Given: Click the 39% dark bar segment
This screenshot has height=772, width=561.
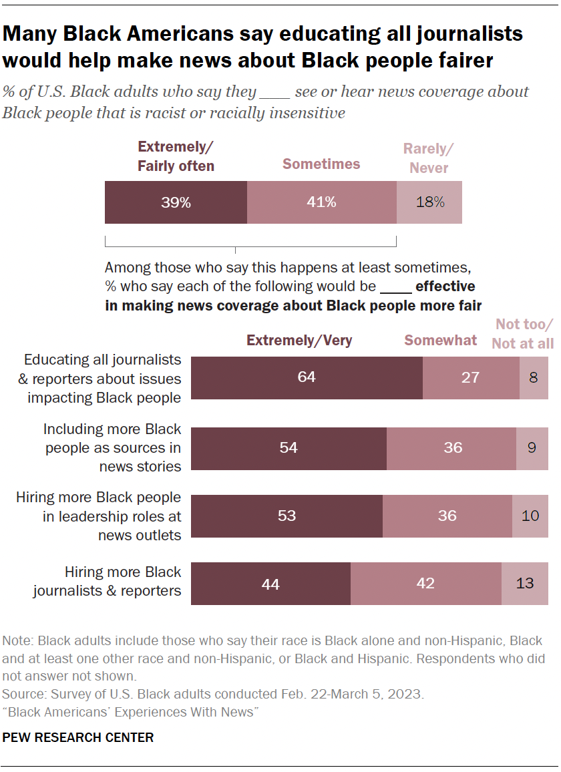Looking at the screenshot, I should pyautogui.click(x=176, y=202).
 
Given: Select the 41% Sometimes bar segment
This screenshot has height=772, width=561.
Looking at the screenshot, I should pyautogui.click(x=322, y=202).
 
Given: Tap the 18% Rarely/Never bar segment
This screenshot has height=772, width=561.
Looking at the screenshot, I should pyautogui.click(x=429, y=202).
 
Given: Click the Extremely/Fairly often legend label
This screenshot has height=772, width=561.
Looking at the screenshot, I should pyautogui.click(x=176, y=157).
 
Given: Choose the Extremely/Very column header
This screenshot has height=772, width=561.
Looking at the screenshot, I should pyautogui.click(x=299, y=341).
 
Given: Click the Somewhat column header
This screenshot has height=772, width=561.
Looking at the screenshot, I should pyautogui.click(x=441, y=341).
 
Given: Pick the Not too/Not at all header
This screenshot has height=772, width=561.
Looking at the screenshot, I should pyautogui.click(x=524, y=334).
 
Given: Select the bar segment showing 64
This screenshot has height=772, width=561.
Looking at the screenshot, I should pyautogui.click(x=307, y=377).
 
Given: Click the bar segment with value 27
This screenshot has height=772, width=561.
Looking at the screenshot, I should pyautogui.click(x=471, y=377).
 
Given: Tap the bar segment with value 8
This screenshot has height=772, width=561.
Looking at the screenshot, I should pyautogui.click(x=533, y=377).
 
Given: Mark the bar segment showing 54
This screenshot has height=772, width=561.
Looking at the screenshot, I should pyautogui.click(x=289, y=447).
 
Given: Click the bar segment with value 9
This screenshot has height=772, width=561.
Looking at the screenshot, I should pyautogui.click(x=532, y=447).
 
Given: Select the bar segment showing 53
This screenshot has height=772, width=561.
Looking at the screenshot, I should pyautogui.click(x=287, y=516).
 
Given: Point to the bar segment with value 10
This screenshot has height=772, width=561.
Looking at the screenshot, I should pyautogui.click(x=530, y=516).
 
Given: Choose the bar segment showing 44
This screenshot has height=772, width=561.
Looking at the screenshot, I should pyautogui.click(x=270, y=584).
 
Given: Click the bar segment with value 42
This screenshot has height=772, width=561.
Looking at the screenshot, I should pyautogui.click(x=425, y=584).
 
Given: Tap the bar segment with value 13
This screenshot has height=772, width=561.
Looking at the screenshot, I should pyautogui.click(x=524, y=584).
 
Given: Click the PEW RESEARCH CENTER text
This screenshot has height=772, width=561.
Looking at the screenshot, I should pyautogui.click(x=78, y=738).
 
